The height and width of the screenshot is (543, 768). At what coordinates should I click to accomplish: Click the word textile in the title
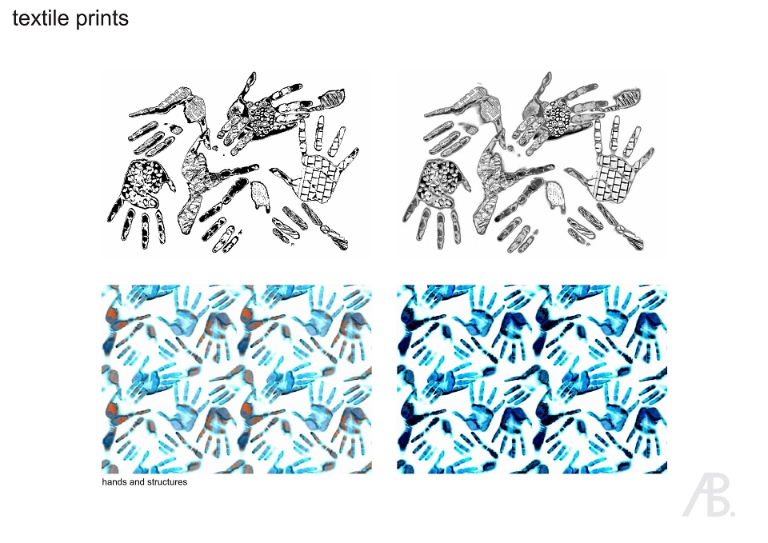pos(41,18)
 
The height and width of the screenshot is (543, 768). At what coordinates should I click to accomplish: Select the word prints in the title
pos(102,19)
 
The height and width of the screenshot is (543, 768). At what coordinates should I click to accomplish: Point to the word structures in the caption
pos(166,482)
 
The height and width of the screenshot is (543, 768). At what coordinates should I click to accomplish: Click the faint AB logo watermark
pos(708,495)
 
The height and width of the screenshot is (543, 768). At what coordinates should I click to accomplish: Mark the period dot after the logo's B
pos(732,513)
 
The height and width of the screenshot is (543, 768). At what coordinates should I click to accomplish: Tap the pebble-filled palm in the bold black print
pos(142,182)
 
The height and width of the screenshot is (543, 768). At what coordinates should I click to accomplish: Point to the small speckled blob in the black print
pos(260,196)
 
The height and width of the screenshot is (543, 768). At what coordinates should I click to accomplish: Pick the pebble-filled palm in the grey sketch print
pos(438,182)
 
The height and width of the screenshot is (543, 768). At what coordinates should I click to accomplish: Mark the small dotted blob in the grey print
pos(555,196)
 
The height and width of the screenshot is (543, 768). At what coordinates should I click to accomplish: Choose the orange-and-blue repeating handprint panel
pos(237,380)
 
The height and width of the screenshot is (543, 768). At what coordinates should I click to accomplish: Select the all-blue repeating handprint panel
pos(532,380)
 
